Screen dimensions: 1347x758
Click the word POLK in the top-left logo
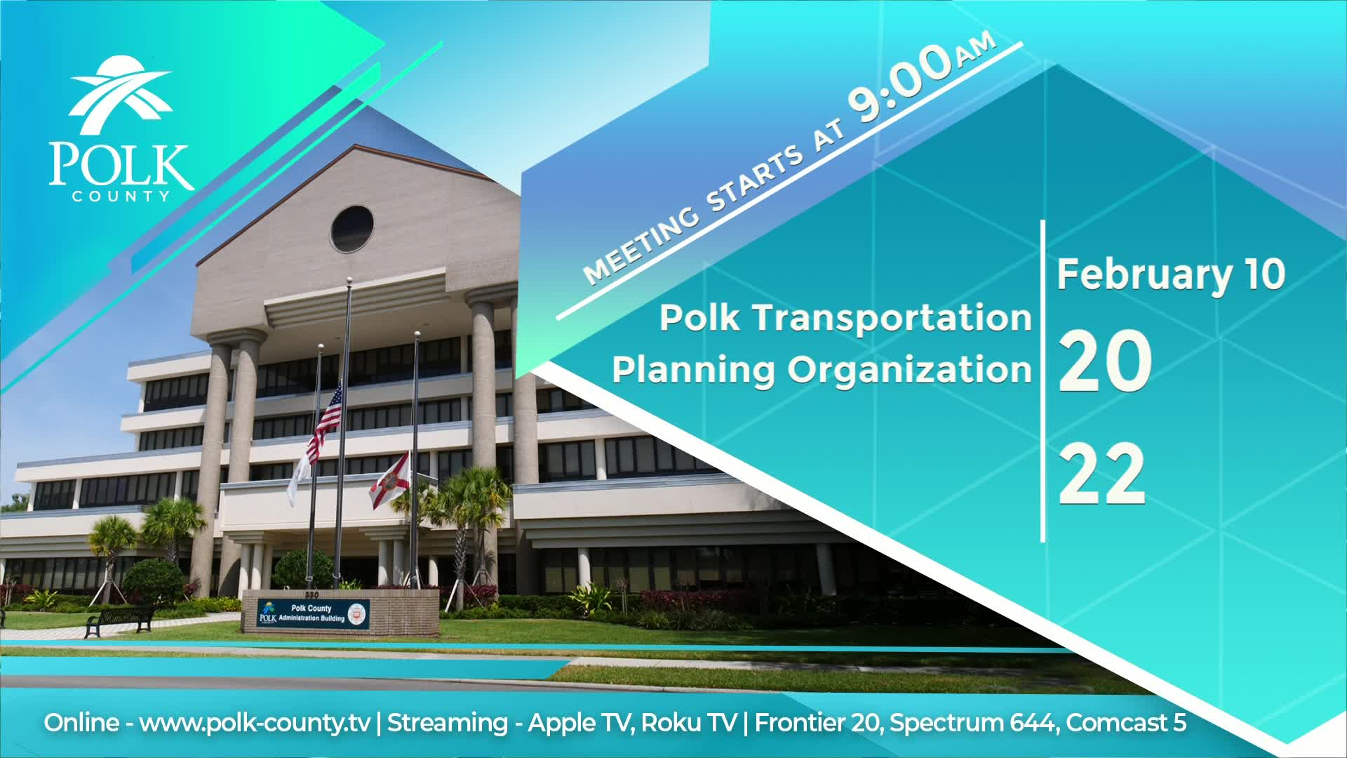point(121,166)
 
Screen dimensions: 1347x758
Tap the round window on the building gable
point(352,229)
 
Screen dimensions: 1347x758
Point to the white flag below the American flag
point(300,479)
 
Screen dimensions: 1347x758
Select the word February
point(1144,275)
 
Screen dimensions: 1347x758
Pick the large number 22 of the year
point(1102,474)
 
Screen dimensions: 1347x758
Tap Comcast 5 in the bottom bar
point(1127,723)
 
